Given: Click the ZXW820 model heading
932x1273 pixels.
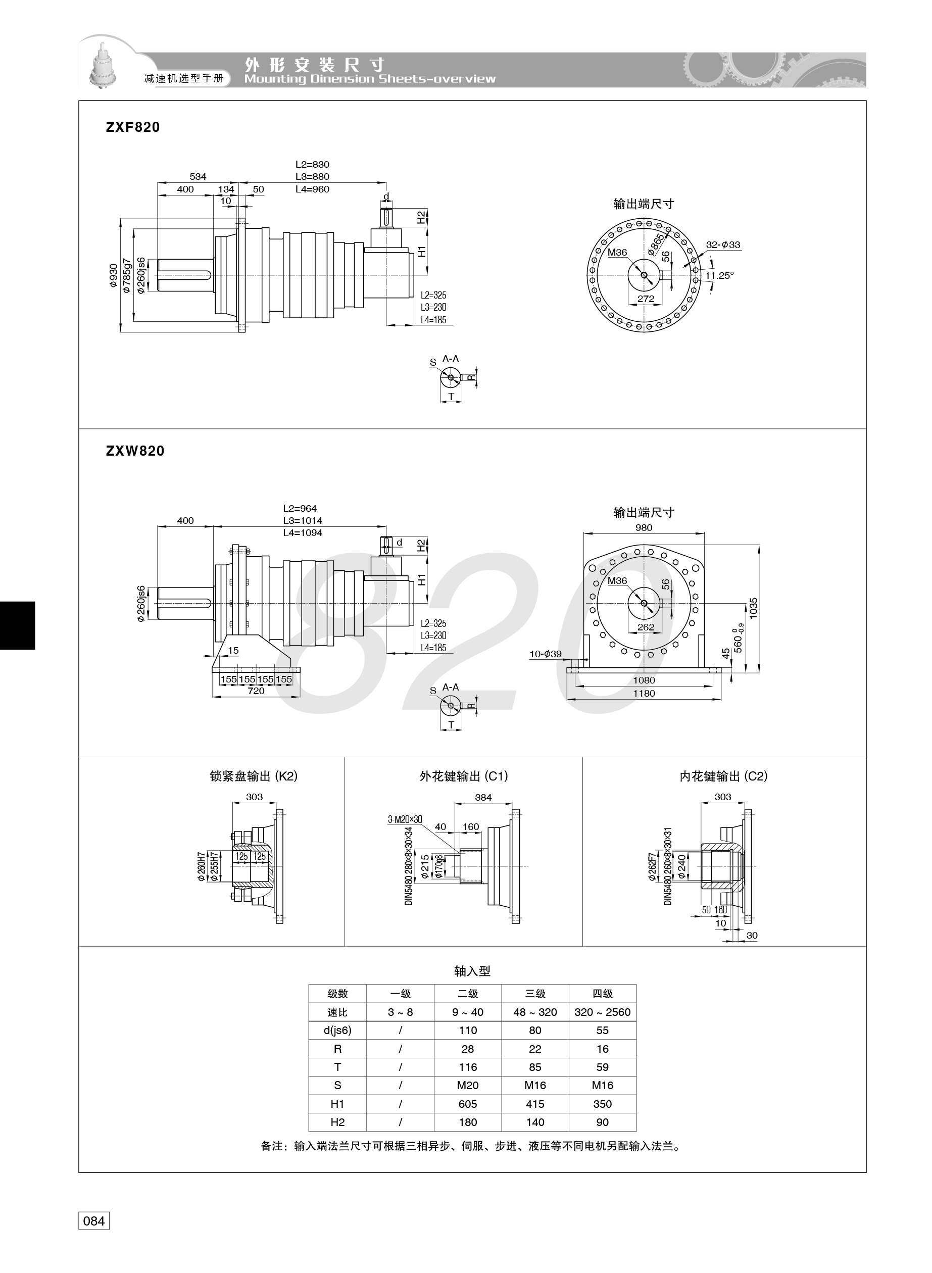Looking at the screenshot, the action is (135, 451).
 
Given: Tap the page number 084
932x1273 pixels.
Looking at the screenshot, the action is (93, 1221).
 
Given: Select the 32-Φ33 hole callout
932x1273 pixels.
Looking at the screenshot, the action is (723, 245).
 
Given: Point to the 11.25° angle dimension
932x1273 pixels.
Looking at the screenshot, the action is (719, 276).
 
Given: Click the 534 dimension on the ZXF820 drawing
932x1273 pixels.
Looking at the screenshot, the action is (198, 176).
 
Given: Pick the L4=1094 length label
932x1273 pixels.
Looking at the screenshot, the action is (303, 533).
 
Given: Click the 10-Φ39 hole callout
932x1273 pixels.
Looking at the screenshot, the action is (545, 654).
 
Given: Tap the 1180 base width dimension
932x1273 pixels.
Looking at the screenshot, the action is (644, 694).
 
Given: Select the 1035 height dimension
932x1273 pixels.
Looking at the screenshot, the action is (754, 609).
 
